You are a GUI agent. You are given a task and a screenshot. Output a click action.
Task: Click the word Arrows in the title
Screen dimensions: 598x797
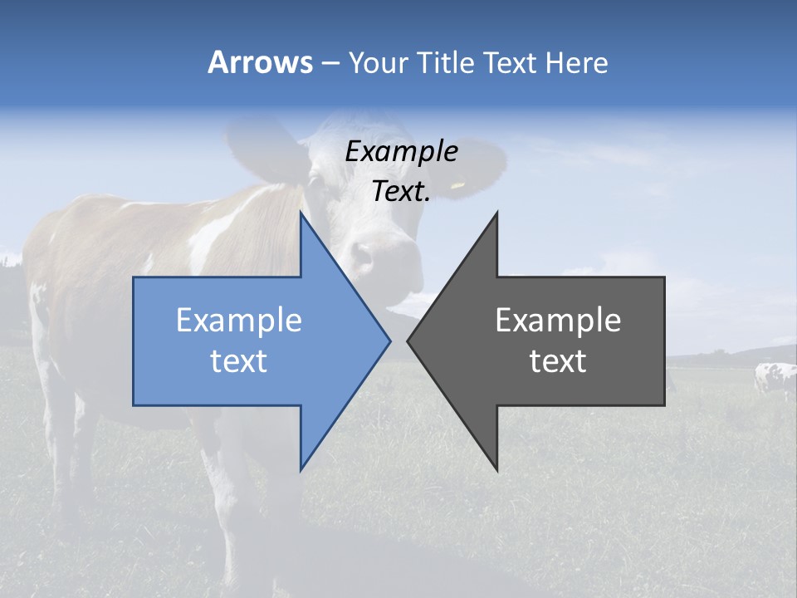tap(261, 62)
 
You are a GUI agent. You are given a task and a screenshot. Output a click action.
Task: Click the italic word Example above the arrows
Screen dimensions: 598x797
tap(401, 152)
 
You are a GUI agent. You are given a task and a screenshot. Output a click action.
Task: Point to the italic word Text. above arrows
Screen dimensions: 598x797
tap(401, 192)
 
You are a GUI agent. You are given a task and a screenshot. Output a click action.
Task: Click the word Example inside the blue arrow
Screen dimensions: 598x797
tap(239, 321)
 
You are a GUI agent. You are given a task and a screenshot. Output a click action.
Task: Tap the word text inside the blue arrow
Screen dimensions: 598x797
tap(239, 361)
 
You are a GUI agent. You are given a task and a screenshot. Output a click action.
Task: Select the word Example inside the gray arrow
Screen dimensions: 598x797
tap(558, 321)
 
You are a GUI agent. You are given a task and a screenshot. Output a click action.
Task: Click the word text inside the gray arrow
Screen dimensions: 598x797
tap(558, 361)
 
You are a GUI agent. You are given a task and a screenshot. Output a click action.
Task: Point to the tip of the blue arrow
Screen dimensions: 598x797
tap(389, 341)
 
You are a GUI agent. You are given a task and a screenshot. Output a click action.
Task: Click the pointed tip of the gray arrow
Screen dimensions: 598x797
tap(409, 341)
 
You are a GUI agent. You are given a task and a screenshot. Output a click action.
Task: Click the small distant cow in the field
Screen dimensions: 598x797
tap(775, 379)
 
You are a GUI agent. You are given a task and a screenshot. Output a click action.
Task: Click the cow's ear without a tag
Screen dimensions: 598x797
tap(262, 149)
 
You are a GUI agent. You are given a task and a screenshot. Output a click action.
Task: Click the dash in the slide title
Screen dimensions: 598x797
tap(330, 63)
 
